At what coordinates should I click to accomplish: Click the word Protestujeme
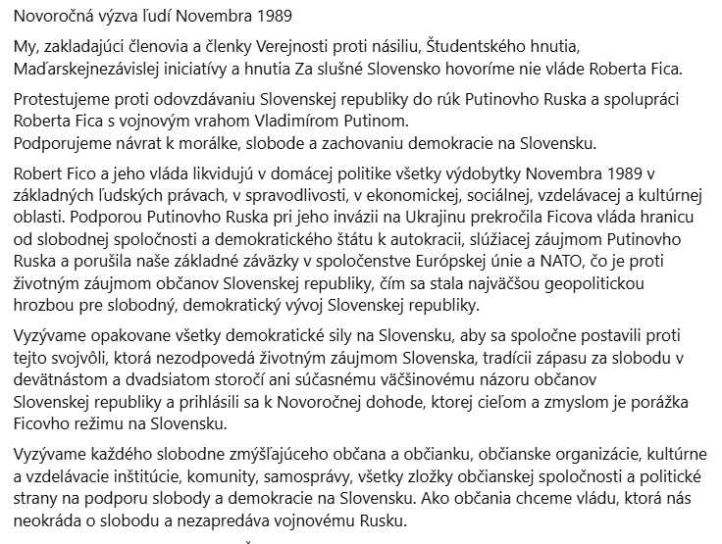coord(60,101)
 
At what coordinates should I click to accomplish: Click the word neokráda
coord(49,519)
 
